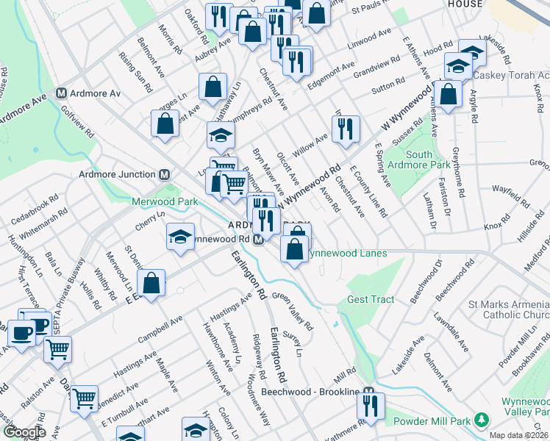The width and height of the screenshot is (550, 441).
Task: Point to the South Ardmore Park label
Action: (x=419, y=160)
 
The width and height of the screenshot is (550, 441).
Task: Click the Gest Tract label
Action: (x=371, y=299)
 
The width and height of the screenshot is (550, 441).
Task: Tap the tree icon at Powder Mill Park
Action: (x=482, y=420)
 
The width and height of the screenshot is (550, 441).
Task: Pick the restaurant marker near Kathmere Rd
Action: (x=371, y=406)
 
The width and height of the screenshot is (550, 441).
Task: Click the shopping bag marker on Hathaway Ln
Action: (x=213, y=86)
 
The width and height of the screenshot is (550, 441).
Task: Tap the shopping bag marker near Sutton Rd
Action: (x=448, y=94)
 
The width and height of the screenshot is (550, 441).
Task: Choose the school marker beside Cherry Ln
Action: (x=180, y=237)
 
